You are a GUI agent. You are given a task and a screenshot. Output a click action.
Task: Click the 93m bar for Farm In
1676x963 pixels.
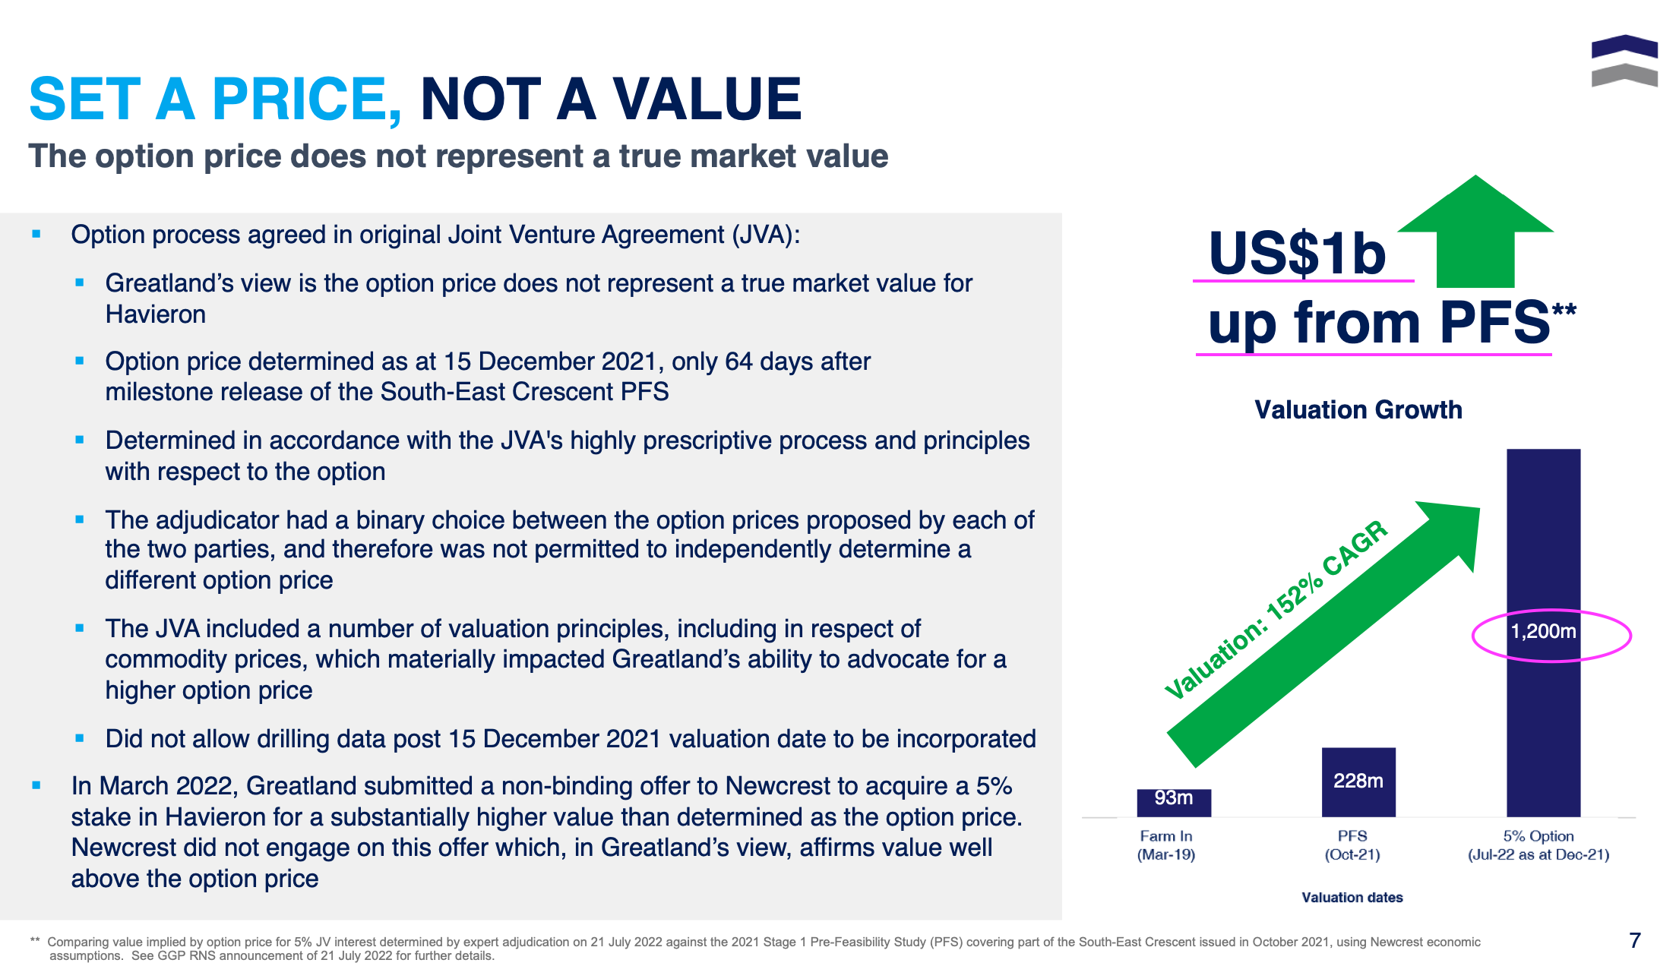pos(1173,802)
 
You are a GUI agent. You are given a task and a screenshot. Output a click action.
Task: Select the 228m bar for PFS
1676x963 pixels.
pos(1358,782)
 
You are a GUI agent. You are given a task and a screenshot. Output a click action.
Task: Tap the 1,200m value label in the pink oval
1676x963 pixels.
pos(1543,631)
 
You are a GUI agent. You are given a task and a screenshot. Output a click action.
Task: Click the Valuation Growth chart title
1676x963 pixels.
pos(1358,410)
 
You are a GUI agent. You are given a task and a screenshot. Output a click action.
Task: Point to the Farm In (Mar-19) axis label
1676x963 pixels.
pos(1166,845)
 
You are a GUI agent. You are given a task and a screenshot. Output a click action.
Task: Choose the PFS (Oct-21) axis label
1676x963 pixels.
pos(1352,845)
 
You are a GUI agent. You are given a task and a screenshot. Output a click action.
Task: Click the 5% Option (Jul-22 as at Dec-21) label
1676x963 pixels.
pos(1538,845)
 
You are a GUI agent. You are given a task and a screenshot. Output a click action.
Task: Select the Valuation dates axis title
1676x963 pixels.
pos(1352,898)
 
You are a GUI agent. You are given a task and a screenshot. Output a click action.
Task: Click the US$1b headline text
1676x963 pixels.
pos(1297,254)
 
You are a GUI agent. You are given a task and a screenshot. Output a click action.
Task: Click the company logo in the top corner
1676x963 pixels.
pos(1624,61)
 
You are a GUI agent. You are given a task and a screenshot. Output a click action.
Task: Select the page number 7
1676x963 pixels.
pos(1635,940)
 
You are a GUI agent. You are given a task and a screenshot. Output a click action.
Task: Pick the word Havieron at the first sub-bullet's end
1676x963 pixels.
pos(156,314)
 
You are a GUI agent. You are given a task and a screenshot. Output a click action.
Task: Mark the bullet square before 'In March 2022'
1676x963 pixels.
pos(36,785)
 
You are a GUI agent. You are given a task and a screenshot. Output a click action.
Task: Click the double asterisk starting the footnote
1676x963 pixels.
pos(35,941)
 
